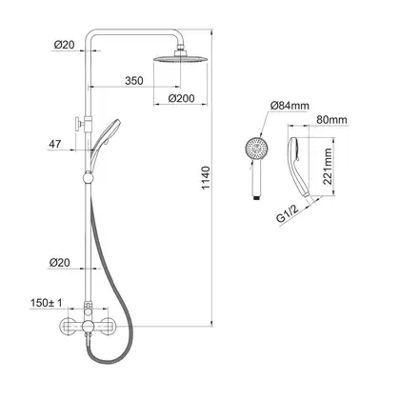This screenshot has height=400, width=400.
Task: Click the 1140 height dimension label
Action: pyautogui.click(x=206, y=178)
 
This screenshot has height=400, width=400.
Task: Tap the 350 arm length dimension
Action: pyautogui.click(x=134, y=81)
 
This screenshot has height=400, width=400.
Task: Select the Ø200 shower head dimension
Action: pyautogui.click(x=181, y=98)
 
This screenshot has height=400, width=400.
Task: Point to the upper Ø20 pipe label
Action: pyautogui.click(x=64, y=45)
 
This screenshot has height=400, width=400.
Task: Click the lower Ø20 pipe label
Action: pyautogui.click(x=59, y=263)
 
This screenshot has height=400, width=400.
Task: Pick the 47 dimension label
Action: pyautogui.click(x=55, y=144)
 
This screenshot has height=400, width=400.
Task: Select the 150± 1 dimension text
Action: pyautogui.click(x=47, y=303)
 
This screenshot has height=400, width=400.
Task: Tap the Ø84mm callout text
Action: pyautogui.click(x=290, y=106)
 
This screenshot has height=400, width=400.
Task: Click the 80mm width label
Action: pyautogui.click(x=331, y=120)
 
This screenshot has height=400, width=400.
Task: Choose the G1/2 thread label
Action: pyautogui.click(x=288, y=215)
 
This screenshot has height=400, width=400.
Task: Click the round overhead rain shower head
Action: pyautogui.click(x=180, y=59)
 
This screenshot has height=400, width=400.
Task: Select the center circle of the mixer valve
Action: pyautogui.click(x=88, y=326)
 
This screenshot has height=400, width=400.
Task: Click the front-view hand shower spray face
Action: pyautogui.click(x=257, y=149)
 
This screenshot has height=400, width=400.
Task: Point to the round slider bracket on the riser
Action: pyautogui.click(x=88, y=178)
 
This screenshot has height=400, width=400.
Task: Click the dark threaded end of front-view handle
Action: pyautogui.click(x=257, y=198)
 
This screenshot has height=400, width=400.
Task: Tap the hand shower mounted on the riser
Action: pyautogui.click(x=104, y=139)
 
